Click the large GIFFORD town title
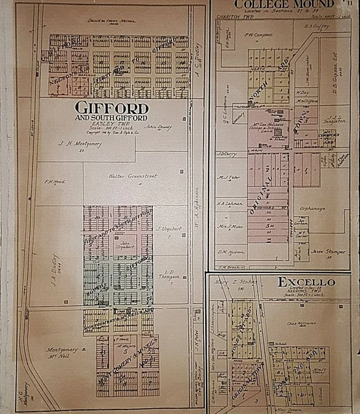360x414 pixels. [x=111, y=107]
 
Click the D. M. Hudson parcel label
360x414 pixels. [x=229, y=252]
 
